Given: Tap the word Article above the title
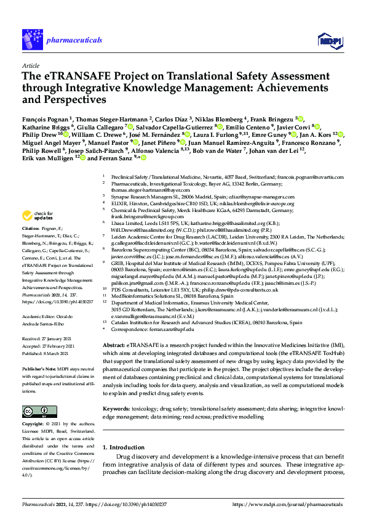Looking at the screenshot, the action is pos(30,65).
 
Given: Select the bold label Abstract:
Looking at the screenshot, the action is pos(114,345).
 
